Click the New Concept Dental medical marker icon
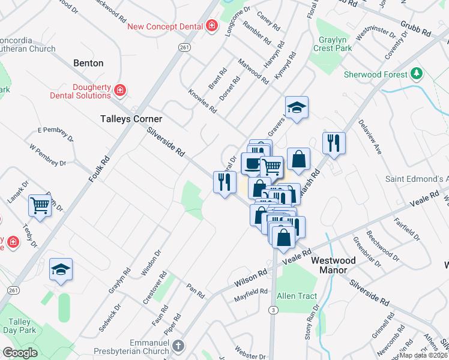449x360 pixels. [x=211, y=26]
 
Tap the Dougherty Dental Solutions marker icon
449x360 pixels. [x=120, y=90]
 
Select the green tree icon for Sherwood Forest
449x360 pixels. [x=417, y=74]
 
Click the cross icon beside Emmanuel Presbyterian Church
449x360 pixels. [x=179, y=346]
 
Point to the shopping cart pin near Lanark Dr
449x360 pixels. [x=40, y=206]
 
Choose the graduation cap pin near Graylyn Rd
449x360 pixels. [x=61, y=269]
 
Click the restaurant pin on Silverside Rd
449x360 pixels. [x=224, y=181]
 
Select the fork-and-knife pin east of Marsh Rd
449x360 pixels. [x=334, y=143]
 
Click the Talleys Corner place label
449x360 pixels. [x=131, y=119]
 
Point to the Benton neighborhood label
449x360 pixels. [x=88, y=63]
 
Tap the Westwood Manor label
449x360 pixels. [x=333, y=265]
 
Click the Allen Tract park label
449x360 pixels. [x=297, y=296]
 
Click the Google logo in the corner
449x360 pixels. [x=20, y=353]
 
